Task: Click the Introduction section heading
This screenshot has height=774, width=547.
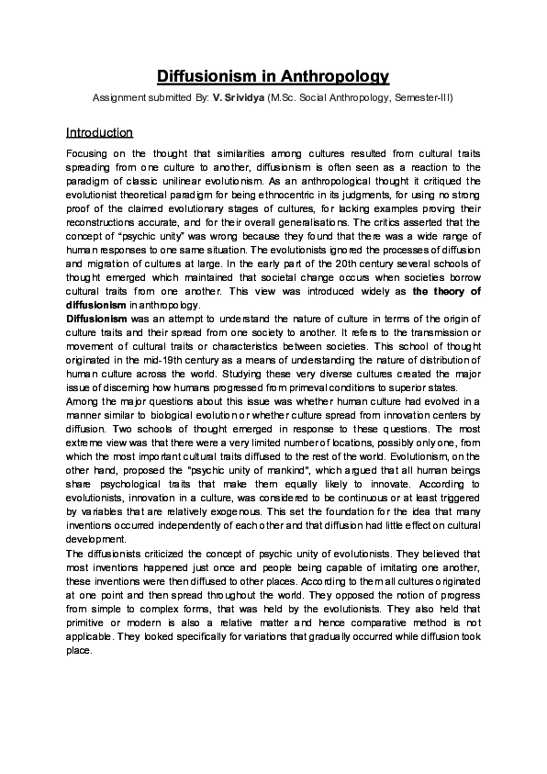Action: (100, 132)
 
